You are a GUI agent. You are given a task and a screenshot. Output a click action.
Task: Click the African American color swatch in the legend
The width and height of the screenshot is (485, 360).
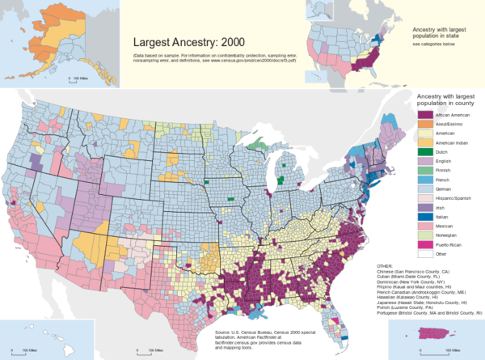coord(422,116)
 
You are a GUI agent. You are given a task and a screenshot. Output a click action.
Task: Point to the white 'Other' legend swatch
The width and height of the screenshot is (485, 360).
coord(422,253)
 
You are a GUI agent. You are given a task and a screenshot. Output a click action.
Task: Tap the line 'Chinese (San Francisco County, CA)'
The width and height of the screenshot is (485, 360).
coord(412,270)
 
